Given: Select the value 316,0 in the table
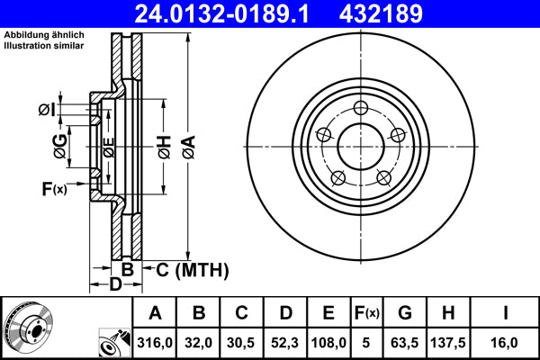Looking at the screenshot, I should (155, 342).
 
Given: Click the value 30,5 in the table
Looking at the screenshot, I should (242, 342).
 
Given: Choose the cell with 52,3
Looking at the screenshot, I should (284, 342).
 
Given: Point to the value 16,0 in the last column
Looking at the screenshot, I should (505, 342).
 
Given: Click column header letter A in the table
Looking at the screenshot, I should (155, 313).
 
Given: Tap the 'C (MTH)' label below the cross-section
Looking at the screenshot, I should (193, 270).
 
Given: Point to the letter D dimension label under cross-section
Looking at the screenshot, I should (116, 285).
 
